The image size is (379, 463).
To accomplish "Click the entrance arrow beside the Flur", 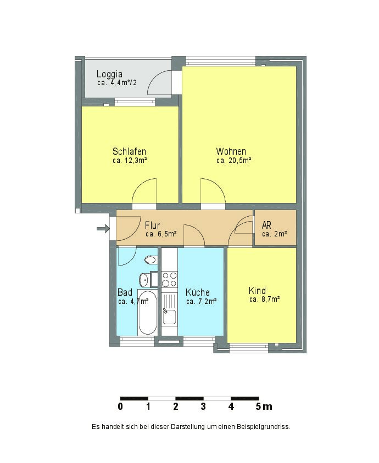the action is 103,228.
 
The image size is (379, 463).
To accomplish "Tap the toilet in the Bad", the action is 150,260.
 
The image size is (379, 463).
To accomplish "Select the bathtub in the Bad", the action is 147,313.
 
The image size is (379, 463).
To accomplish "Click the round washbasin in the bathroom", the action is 144,280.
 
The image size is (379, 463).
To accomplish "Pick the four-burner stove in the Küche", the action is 170,279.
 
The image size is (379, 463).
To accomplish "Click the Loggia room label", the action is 109,74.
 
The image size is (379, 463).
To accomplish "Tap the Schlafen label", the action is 129,151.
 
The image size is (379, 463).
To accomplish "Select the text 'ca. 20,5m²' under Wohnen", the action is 234,161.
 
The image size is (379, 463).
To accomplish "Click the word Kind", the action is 257,291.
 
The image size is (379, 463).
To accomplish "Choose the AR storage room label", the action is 266,225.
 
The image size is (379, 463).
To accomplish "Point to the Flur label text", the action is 152,226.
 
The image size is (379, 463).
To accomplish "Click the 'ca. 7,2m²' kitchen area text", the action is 202,302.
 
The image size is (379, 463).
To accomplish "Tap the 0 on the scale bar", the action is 120,406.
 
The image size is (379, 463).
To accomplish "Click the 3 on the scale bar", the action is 203,406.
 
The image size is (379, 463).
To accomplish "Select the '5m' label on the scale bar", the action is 264,406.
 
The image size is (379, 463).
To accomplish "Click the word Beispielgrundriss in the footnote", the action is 263,427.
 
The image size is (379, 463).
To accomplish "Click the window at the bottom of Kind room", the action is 249,348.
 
